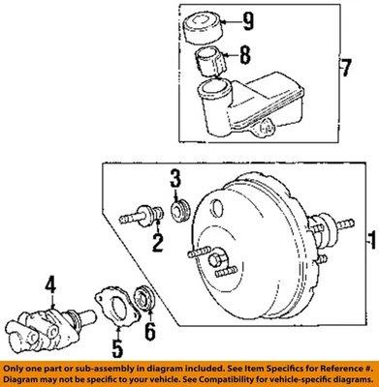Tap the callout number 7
[x=363, y=69]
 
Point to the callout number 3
[x=175, y=177]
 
